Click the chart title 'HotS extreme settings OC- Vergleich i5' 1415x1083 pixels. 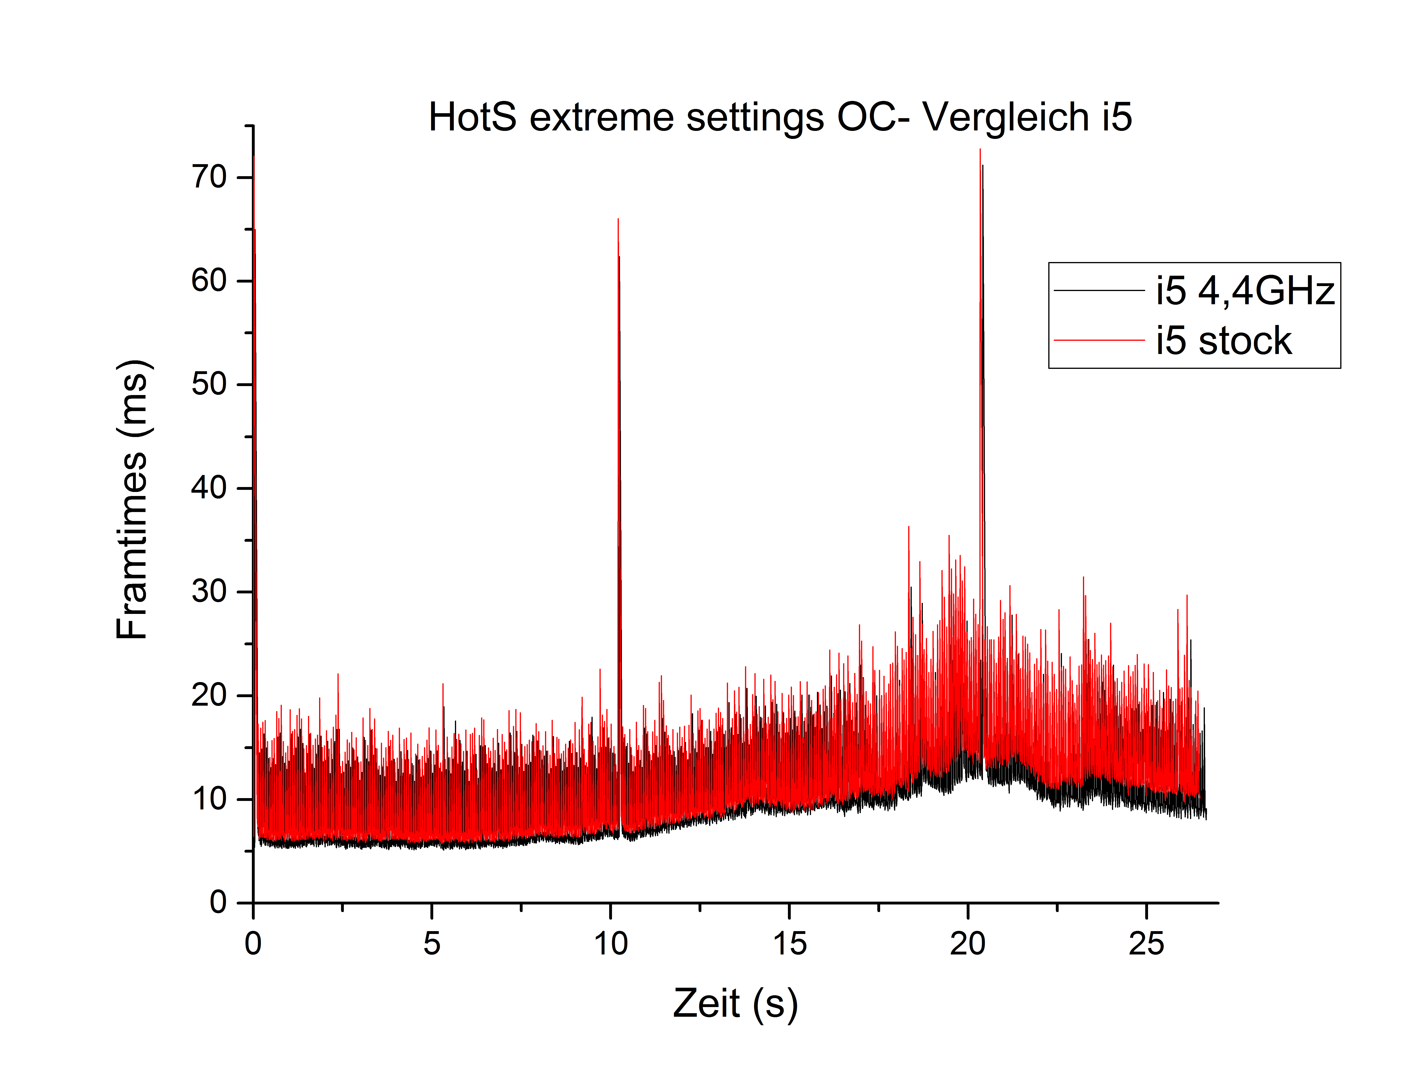pyautogui.click(x=780, y=117)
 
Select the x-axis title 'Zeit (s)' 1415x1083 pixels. pyautogui.click(x=735, y=1004)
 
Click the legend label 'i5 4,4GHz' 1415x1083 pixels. pyautogui.click(x=1244, y=291)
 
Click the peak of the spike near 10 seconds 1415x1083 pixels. pyautogui.click(x=618, y=220)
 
